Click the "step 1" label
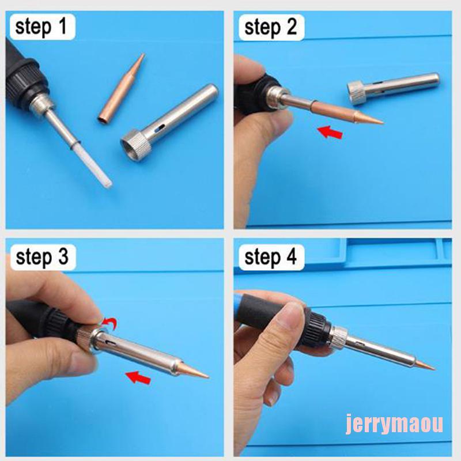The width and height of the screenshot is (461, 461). [x=41, y=27]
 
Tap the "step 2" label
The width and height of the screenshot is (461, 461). [x=270, y=27]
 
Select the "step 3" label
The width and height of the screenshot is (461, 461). [x=42, y=257]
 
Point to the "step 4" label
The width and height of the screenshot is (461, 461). [x=270, y=257]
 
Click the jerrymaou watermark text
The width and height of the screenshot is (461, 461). [x=394, y=424]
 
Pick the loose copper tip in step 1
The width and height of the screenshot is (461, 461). [x=122, y=88]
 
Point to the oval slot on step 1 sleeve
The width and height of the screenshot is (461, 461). [x=160, y=128]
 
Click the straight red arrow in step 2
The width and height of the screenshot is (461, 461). [x=330, y=132]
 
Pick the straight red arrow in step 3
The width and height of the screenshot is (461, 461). [x=138, y=377]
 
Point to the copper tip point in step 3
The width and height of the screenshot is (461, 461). [x=207, y=376]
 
